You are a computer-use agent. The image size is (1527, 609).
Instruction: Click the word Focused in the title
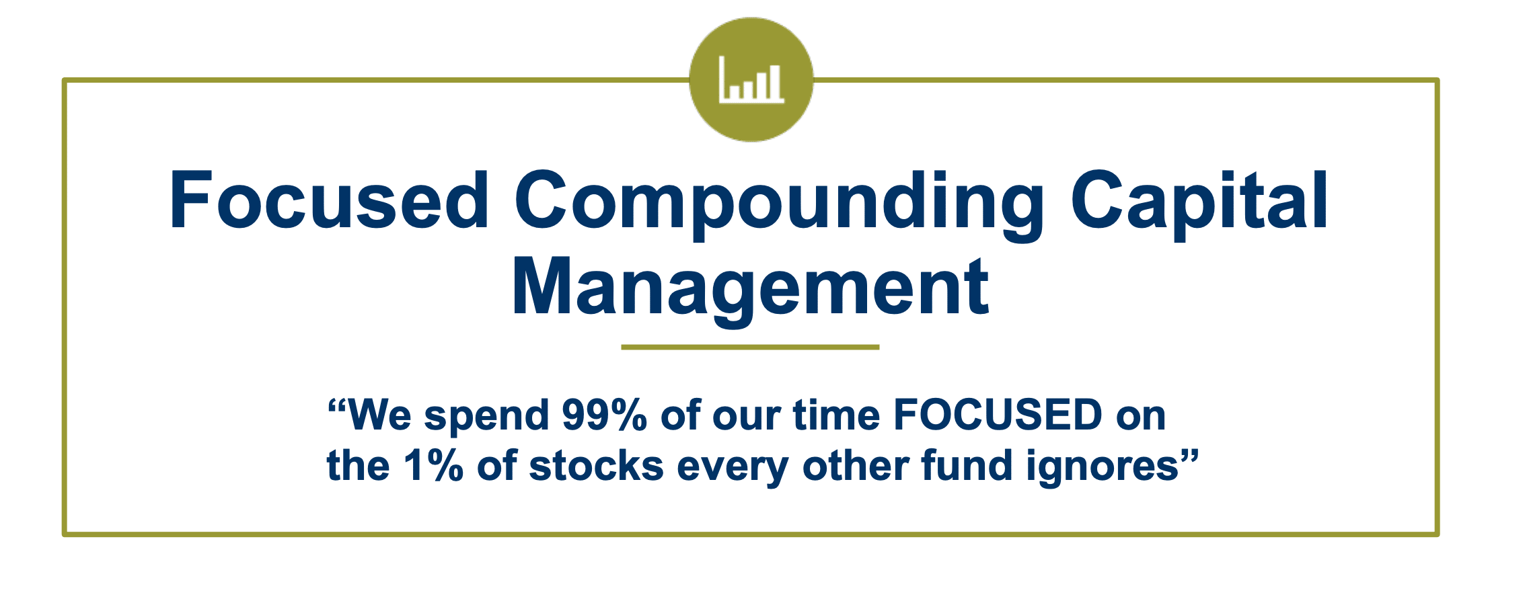(330, 200)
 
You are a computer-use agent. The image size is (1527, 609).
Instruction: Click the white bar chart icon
(751, 79)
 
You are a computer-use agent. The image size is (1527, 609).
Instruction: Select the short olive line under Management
(750, 347)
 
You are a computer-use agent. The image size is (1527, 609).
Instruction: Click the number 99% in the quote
(604, 415)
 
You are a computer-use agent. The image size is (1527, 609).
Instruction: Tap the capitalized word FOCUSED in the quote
(998, 415)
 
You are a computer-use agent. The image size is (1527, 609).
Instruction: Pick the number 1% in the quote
(433, 465)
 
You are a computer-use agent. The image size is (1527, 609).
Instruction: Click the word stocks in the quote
(597, 465)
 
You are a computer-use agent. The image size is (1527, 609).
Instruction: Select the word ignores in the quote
(1103, 468)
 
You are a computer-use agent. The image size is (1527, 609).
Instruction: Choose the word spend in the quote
(486, 417)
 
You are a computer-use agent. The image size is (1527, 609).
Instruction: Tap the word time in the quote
(836, 415)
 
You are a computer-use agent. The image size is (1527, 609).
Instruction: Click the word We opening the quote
(379, 415)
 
